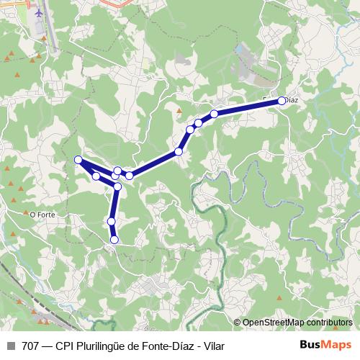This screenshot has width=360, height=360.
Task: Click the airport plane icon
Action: [38, 13]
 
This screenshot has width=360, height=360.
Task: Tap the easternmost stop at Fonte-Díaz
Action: [282, 102]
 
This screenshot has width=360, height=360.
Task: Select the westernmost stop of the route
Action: [78, 160]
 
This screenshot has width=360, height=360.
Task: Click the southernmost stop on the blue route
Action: [114, 239]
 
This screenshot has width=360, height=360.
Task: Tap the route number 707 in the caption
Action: [31, 346]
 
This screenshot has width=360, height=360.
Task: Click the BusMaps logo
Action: [325, 346]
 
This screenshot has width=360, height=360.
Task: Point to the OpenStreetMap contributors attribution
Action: [297, 323]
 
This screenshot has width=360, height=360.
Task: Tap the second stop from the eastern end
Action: [215, 114]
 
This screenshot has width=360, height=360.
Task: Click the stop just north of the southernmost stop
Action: [112, 221]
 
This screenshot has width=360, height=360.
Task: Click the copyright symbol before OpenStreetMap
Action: [238, 323]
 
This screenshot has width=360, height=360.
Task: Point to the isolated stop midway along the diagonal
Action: [179, 151]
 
